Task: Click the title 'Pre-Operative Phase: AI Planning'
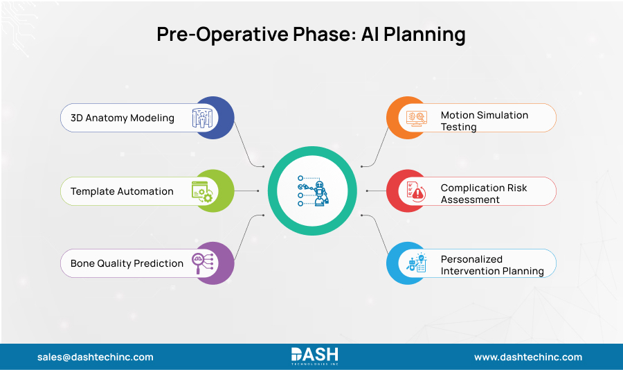coord(311,35)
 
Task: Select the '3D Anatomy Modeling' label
coord(123,118)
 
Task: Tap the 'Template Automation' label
coord(122,191)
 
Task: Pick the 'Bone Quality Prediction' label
coord(127,263)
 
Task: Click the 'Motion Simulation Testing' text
coord(484,121)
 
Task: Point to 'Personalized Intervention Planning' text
coord(491,265)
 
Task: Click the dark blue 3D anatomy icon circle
coord(213,118)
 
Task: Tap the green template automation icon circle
coord(213,191)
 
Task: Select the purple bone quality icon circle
coord(213,263)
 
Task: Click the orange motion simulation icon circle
coord(408,118)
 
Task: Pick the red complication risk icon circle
coord(408,191)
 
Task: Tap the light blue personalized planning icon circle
coord(408,263)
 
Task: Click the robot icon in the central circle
coord(312,191)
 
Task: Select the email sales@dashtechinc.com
coord(96,357)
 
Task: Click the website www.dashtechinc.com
coord(527,357)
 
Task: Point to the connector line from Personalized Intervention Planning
coord(377,236)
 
